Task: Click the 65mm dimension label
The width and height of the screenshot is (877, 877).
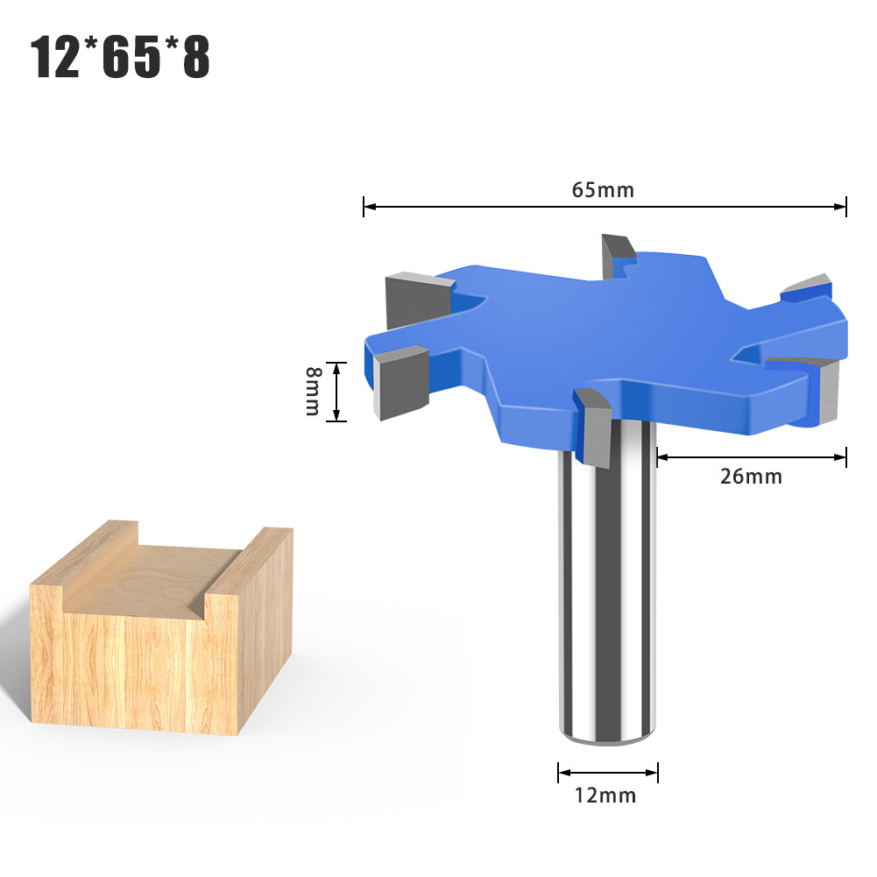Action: [x=605, y=189]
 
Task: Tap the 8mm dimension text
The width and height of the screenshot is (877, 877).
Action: [x=313, y=391]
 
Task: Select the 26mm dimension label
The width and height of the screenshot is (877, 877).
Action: [x=751, y=477]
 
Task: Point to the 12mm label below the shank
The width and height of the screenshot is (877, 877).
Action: [x=605, y=796]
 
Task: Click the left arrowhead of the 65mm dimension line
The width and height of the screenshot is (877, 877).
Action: [x=368, y=207]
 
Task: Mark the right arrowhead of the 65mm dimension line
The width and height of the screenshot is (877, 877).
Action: [x=842, y=207]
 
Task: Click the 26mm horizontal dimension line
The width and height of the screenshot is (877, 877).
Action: [x=751, y=456]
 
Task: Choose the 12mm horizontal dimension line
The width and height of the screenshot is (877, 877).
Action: [x=608, y=773]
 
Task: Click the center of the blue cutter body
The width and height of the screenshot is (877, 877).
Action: [x=613, y=333]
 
